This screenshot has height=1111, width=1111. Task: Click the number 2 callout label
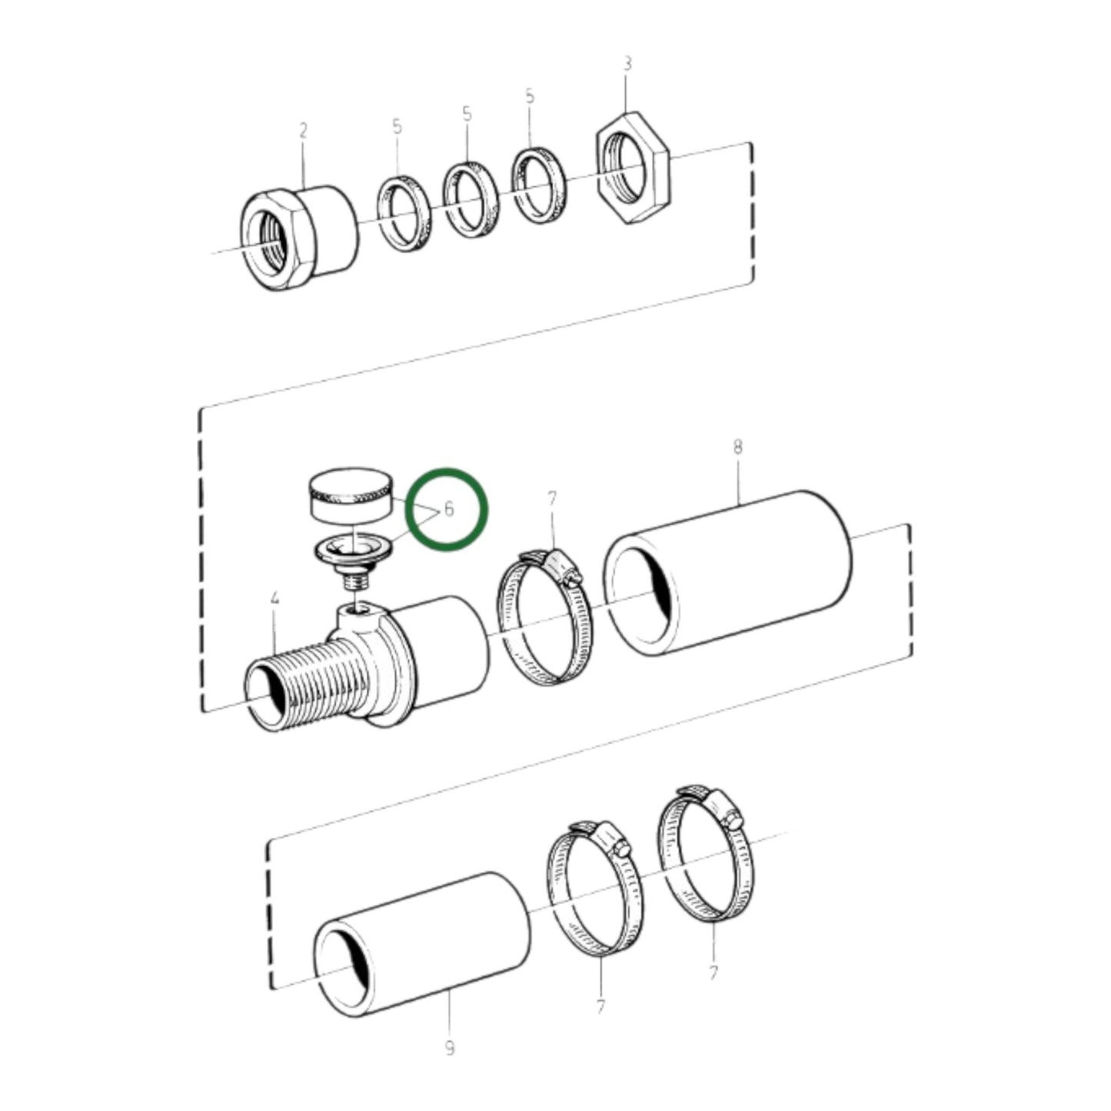coord(303,131)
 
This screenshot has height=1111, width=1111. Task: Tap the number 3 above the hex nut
coord(627,64)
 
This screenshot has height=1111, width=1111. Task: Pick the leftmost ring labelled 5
coord(404,213)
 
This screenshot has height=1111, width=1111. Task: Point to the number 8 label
coord(738,447)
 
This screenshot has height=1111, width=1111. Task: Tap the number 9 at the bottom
coord(450,1047)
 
